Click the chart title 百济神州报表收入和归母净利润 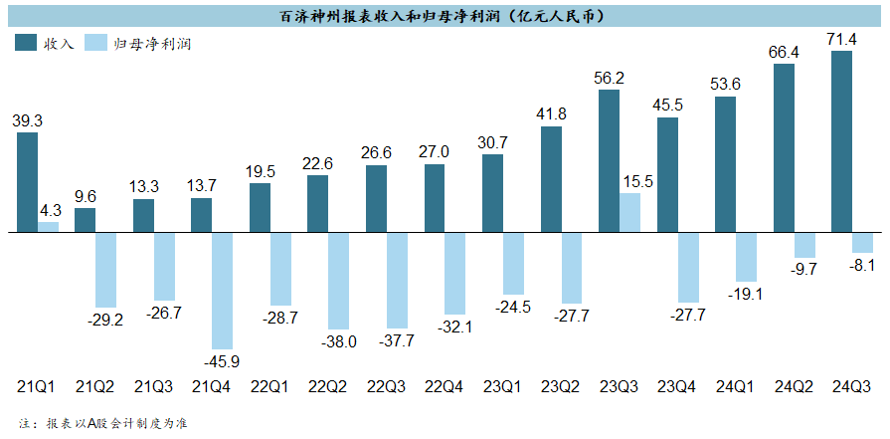[444, 17]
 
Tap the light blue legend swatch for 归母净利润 [96, 43]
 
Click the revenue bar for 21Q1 [28, 182]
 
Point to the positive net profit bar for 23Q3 [629, 213]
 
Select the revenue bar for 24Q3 [841, 141]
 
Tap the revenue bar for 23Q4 [667, 175]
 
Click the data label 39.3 [28, 120]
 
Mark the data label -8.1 [862, 265]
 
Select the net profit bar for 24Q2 [804, 245]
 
